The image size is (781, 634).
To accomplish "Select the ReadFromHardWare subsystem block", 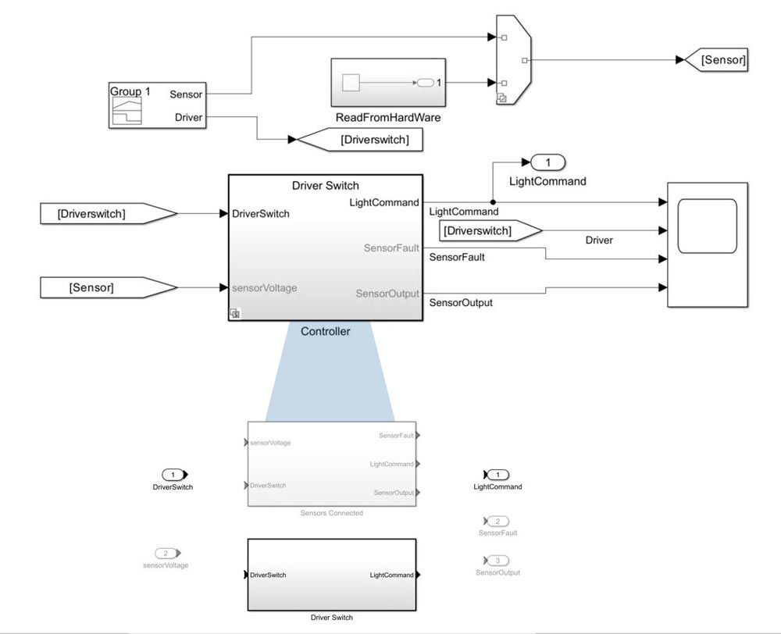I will pos(388,82).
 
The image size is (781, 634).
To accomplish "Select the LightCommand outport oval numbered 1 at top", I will pos(547,162).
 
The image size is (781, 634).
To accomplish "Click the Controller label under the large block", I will pos(326,331).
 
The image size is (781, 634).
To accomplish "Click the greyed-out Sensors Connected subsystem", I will pos(332,464).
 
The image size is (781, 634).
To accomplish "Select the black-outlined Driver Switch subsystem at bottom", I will pos(332,575).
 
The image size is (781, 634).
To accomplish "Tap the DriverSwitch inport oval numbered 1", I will pos(174,474).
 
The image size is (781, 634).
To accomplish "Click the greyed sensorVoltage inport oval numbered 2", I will pos(166,553).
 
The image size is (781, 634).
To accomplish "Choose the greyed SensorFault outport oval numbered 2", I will pos(497,521).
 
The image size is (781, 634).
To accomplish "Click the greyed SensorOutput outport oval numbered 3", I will pos(497,561).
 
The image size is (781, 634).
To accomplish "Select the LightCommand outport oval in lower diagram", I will pos(497,474).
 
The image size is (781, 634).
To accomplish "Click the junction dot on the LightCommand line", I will pos(491,202).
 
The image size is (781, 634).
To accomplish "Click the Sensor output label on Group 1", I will pos(186,94).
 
